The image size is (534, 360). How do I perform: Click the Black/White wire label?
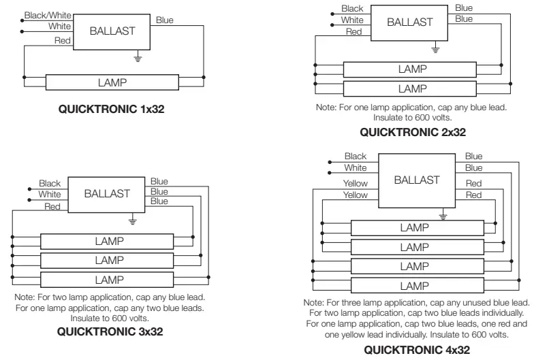coord(48,15)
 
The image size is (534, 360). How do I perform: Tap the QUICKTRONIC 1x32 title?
coord(112,109)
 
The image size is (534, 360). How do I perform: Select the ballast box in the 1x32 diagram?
coord(112,31)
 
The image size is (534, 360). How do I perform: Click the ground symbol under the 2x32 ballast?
coord(435,48)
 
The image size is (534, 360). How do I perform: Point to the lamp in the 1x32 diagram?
coord(112,82)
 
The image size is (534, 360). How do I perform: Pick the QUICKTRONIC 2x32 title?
coord(413,132)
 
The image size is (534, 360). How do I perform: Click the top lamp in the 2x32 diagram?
coord(410,69)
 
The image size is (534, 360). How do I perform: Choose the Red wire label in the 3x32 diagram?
coord(52,206)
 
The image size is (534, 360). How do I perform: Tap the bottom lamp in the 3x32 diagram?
coord(107,280)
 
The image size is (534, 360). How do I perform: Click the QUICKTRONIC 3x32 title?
coord(110,331)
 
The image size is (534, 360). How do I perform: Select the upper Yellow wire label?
coord(356,184)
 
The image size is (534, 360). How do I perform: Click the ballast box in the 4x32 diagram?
coord(417,180)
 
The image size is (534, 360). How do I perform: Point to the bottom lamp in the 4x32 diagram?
coord(417,286)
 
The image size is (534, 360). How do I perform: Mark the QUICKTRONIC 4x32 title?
coord(417,350)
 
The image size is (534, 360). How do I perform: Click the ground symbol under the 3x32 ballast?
coord(132,219)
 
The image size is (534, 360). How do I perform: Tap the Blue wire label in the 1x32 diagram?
coord(165,20)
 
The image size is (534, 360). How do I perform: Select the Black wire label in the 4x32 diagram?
coord(356,157)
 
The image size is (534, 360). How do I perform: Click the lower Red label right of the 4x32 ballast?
coord(474,195)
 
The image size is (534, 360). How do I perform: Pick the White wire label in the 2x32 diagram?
coord(352,20)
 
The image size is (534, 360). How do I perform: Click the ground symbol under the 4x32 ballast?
coord(443,214)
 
